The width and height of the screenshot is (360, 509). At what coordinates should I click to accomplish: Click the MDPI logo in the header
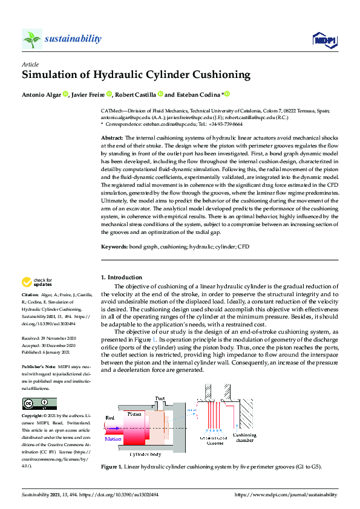324,40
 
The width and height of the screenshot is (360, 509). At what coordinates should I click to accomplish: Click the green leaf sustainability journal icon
31,39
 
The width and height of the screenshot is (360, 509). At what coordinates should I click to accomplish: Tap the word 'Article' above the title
30,63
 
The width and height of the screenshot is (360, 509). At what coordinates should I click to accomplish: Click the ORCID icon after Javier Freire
110,94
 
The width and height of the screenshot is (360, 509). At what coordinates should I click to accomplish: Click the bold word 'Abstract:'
112,138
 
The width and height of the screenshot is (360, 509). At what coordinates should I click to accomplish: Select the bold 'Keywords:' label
114,247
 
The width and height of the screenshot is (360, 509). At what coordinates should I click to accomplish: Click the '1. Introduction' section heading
121,277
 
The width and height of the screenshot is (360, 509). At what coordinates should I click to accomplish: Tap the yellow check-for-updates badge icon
27,282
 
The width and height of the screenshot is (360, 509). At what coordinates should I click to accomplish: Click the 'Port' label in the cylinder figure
160,399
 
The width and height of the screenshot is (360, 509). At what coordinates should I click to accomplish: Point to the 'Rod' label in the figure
110,417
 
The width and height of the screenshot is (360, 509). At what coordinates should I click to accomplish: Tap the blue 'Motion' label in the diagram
113,439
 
